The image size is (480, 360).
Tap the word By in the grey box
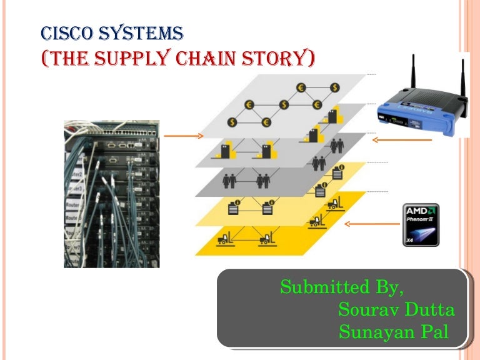coord(391,289)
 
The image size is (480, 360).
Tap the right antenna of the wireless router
coord(463,78)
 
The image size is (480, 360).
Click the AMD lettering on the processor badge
coord(421,211)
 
